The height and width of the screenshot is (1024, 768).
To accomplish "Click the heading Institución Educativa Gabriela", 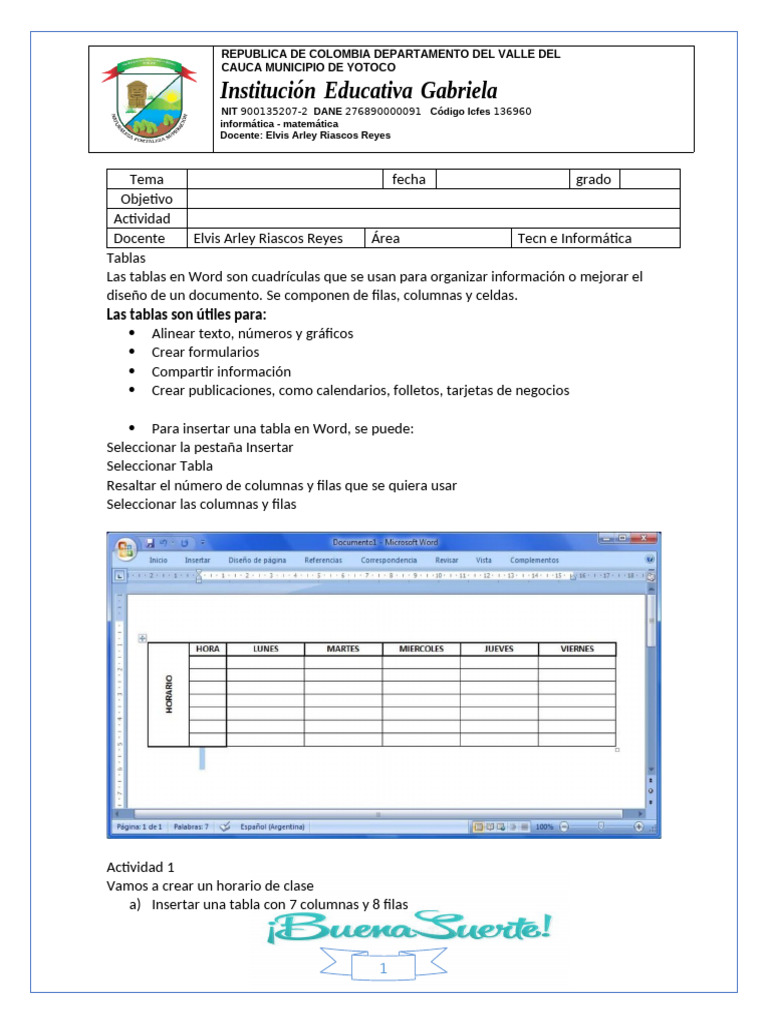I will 359,90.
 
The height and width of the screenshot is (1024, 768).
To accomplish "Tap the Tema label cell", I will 147,179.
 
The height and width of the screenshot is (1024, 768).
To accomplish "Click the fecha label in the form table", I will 409,179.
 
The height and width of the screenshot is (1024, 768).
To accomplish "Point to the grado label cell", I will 594,179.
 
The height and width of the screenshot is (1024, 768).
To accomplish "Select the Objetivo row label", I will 147,199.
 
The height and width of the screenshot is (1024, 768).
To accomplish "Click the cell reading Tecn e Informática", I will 575,238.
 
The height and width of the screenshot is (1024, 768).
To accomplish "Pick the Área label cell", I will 385,238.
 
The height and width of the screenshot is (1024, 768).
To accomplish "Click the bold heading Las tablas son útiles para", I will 187,315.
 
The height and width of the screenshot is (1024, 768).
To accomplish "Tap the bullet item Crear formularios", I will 205,352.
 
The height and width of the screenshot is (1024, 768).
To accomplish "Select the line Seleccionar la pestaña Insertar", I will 200,447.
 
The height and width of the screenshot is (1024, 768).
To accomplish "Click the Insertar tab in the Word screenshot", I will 198,560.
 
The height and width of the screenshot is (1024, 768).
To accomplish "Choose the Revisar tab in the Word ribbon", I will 447,560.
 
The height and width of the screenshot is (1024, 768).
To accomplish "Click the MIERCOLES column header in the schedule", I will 421,649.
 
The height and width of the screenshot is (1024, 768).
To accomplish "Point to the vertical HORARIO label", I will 169,694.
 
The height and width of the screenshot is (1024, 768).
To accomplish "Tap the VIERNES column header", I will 577,649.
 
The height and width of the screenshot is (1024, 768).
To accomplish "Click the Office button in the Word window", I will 125,548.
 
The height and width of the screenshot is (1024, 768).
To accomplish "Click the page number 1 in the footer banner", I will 383,969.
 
